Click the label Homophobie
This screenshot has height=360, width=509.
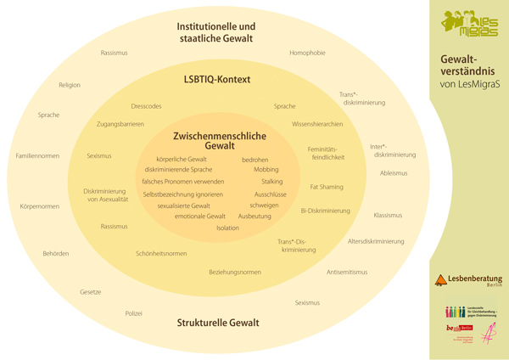[307, 53]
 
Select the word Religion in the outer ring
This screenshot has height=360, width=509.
[70, 85]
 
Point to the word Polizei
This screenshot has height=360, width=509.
[134, 313]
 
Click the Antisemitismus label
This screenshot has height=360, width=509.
[347, 272]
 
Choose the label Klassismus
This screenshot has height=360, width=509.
[388, 215]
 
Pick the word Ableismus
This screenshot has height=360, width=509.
[394, 172]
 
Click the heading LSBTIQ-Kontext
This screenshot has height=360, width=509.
[217, 80]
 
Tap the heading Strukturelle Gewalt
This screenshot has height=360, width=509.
[217, 323]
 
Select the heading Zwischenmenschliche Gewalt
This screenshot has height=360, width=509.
[219, 140]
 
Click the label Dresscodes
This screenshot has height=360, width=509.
[146, 106]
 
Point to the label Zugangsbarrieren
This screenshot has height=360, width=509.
[120, 124]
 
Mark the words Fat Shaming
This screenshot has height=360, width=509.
[327, 186]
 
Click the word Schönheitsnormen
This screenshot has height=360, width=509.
[161, 253]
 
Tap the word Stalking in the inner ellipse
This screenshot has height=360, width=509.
[271, 182]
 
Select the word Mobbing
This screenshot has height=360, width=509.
[266, 170]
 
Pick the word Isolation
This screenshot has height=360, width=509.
[227, 228]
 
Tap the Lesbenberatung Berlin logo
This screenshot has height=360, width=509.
[468, 280]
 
